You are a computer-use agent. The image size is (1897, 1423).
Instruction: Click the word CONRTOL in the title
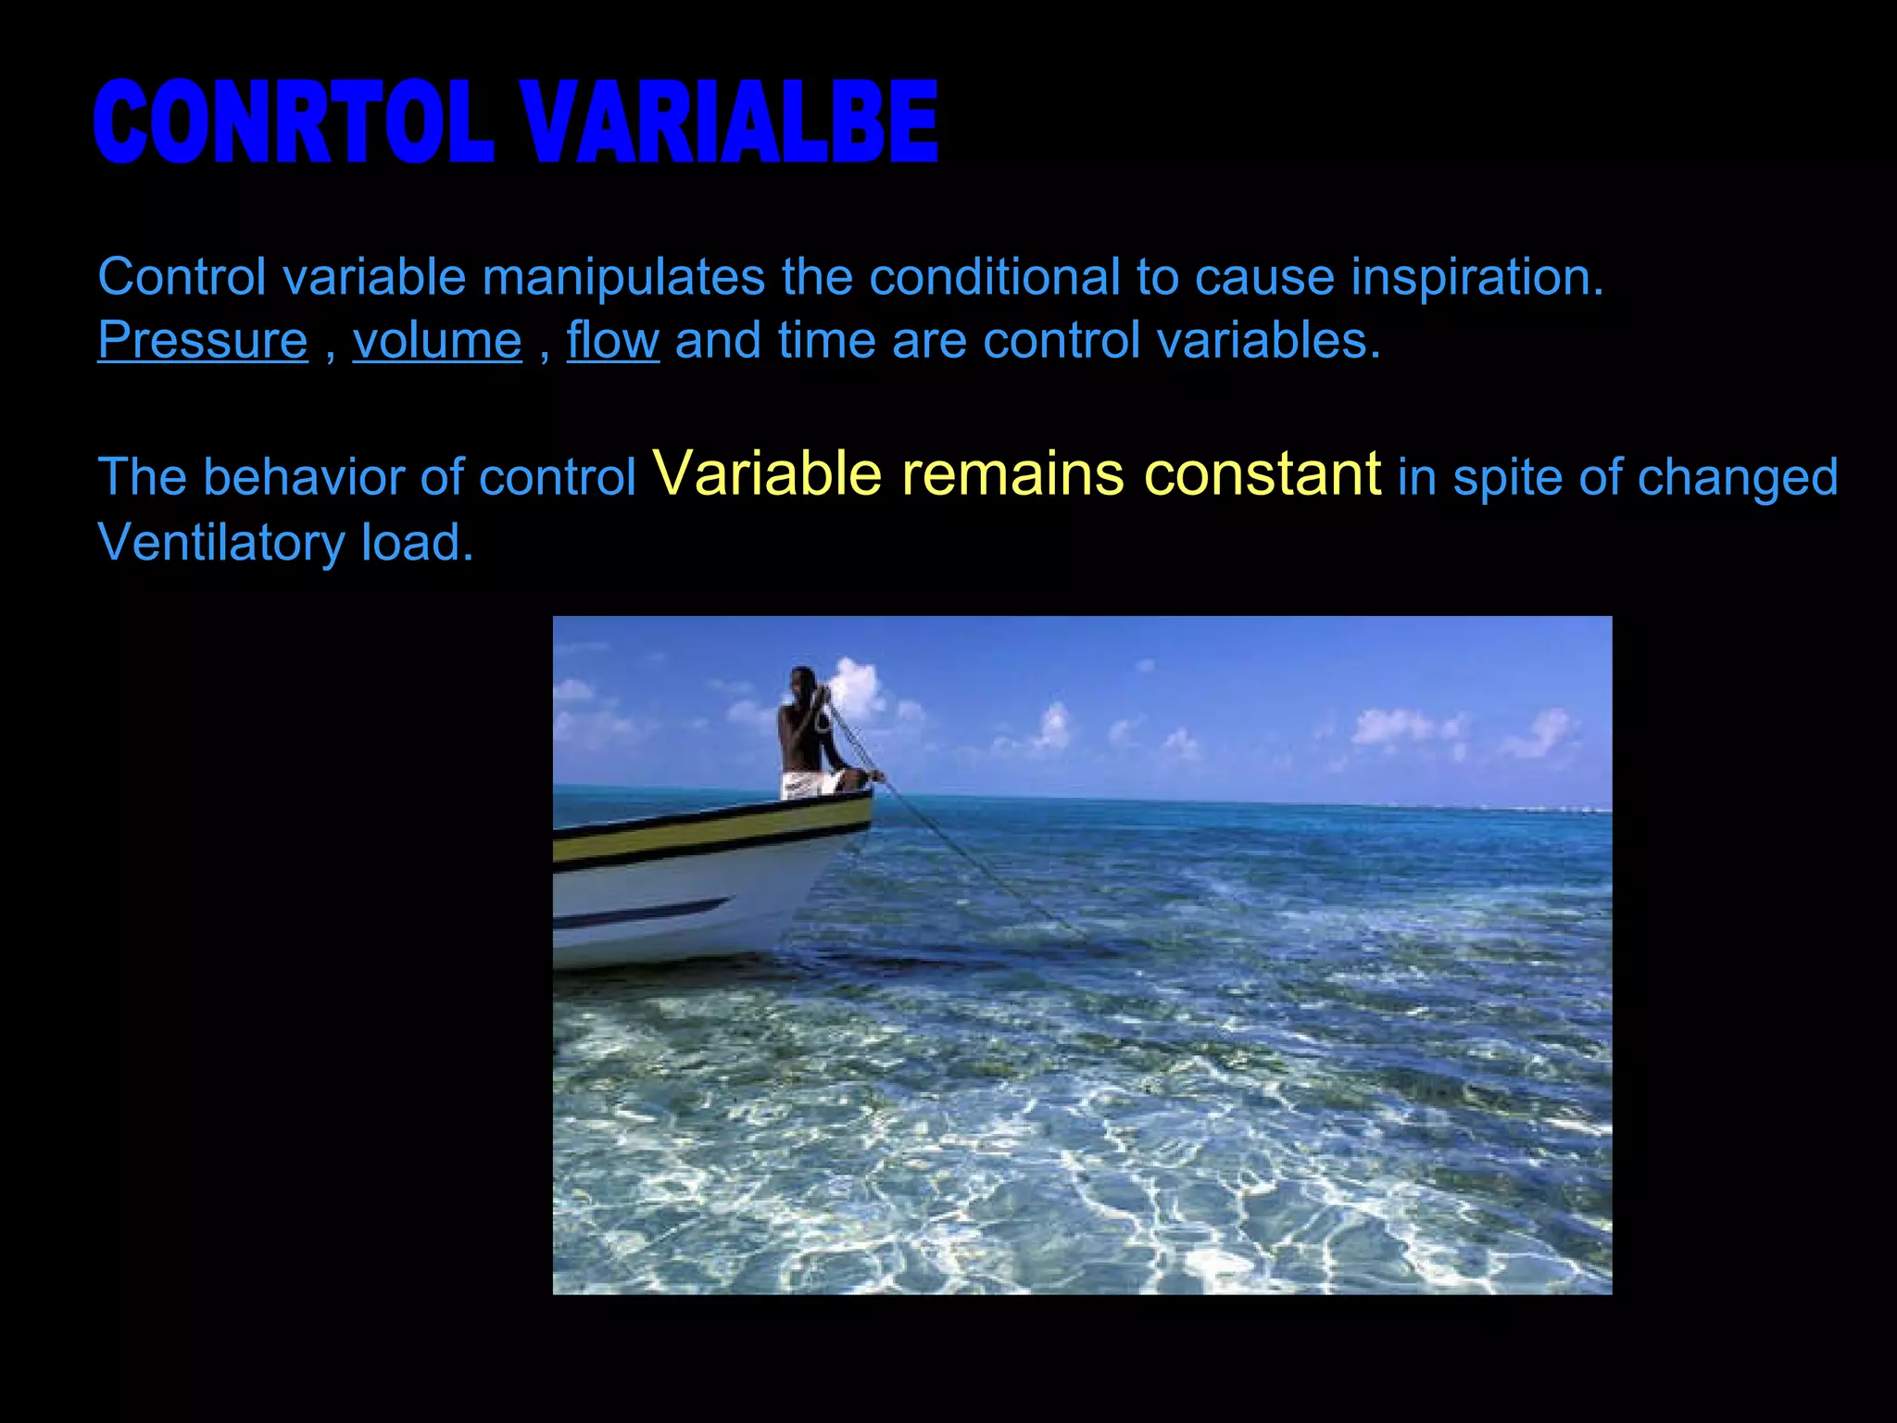pos(292,123)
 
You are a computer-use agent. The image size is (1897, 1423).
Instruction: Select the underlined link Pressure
pos(203,340)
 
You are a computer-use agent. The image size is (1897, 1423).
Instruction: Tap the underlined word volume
pos(437,340)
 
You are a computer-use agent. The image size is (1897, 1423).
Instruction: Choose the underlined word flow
pos(612,340)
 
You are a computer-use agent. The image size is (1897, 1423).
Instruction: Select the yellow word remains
pos(1013,473)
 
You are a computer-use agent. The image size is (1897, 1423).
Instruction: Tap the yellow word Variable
pos(768,473)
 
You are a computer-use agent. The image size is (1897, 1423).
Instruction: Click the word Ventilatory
pos(220,542)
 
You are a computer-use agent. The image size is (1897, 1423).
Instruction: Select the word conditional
pos(995,277)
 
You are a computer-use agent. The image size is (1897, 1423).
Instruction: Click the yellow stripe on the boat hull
pos(704,832)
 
